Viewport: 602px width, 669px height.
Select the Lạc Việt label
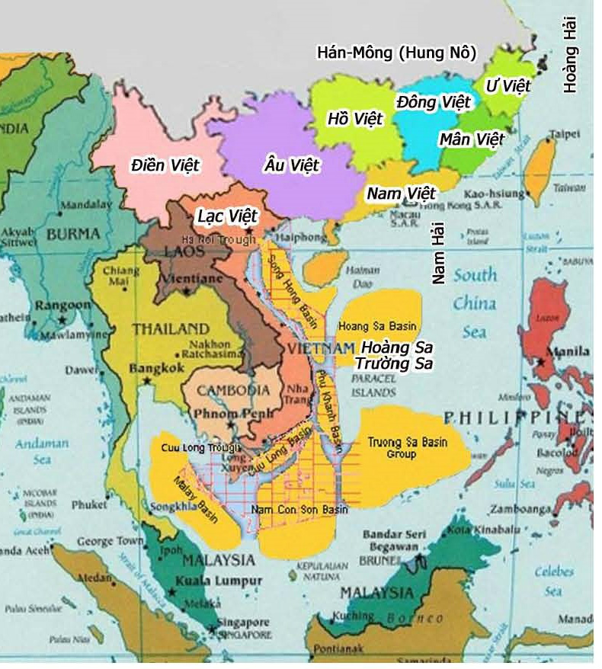[x=228, y=216]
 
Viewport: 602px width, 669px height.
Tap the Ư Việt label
[x=508, y=85]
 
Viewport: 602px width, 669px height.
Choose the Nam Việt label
[x=400, y=194]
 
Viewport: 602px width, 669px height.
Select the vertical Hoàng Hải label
[x=570, y=57]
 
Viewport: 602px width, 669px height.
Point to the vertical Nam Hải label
[x=438, y=258]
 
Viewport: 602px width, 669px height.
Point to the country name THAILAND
[x=171, y=328]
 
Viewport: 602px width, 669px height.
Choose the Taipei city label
[x=565, y=133]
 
